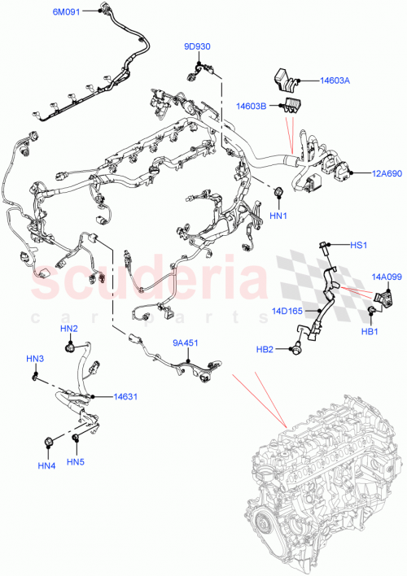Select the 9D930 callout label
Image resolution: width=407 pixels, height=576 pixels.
click(x=198, y=47)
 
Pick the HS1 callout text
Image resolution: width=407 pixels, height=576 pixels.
click(x=359, y=245)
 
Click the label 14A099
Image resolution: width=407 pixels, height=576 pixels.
click(x=387, y=277)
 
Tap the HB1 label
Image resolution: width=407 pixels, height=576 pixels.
click(x=370, y=331)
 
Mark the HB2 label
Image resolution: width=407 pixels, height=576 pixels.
click(x=265, y=349)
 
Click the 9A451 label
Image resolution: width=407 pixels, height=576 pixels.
click(x=184, y=343)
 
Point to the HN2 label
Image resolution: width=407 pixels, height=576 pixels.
click(x=68, y=329)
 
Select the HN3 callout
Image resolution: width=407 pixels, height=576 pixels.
click(x=35, y=359)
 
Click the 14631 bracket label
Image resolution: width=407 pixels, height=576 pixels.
click(x=125, y=397)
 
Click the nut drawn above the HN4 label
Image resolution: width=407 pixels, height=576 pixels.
click(x=50, y=442)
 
